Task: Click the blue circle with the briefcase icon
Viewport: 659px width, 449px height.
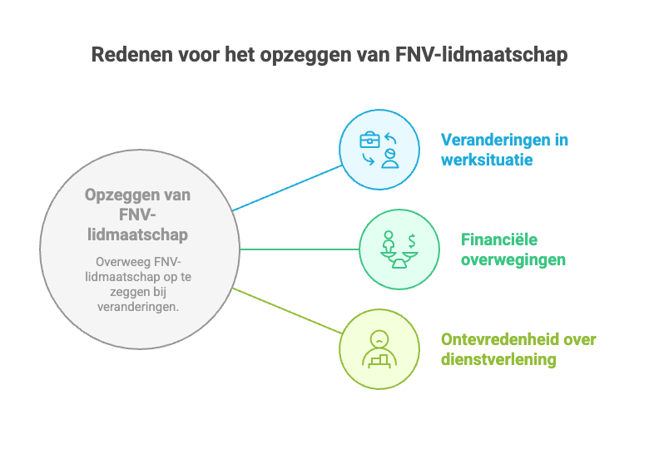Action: [x=379, y=150]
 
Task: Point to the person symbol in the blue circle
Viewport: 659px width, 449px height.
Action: [x=389, y=159]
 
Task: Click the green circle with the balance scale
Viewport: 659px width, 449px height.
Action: [x=399, y=249]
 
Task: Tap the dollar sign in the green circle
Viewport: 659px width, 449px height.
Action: [x=412, y=241]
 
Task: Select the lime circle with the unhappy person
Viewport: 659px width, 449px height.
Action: [x=379, y=349]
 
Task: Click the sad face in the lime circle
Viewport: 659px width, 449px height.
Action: [x=379, y=339]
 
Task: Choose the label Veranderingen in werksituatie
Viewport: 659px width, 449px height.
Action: [x=504, y=150]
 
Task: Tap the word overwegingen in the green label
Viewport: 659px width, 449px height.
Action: [x=513, y=259]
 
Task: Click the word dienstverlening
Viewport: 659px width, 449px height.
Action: [x=498, y=360]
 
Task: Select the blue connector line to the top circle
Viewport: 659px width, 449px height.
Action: [x=287, y=188]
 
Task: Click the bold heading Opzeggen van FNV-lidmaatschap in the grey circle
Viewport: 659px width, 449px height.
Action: [x=136, y=215]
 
